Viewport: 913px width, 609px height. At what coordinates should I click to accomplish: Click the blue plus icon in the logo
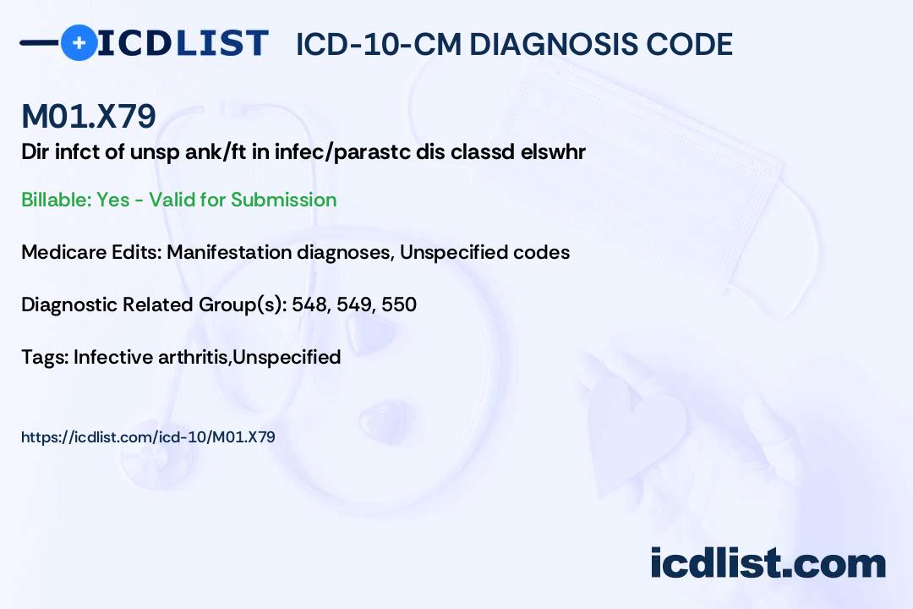(x=79, y=43)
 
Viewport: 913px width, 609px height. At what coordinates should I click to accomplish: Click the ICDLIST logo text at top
(x=183, y=43)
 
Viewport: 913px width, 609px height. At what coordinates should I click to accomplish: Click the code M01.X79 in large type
(x=89, y=117)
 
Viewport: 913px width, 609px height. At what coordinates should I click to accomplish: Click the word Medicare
(x=57, y=252)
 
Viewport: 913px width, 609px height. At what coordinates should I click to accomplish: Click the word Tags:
(x=45, y=357)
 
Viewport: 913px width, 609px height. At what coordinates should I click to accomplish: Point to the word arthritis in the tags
(x=194, y=357)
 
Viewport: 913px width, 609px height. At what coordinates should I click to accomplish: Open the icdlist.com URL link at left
(x=148, y=437)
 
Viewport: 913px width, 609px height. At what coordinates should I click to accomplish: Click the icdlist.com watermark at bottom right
(x=768, y=563)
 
